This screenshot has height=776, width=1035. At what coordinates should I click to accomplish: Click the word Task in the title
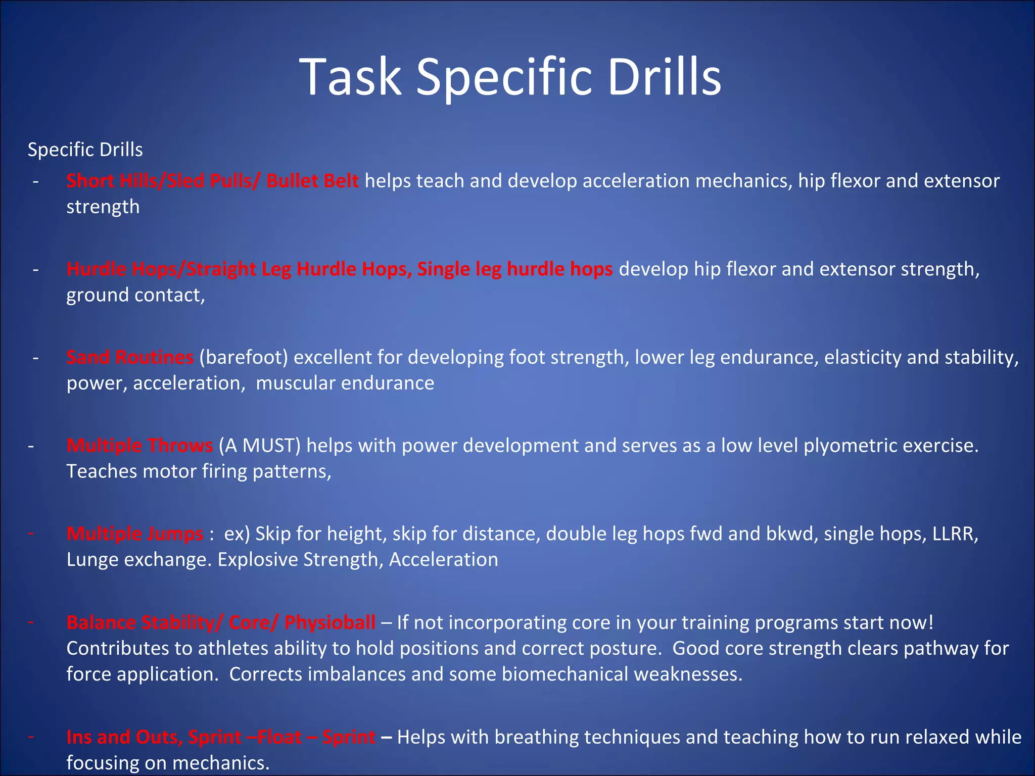point(350,77)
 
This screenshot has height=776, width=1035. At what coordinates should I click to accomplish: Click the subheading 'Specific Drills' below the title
point(85,150)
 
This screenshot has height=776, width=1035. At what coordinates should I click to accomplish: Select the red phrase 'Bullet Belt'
point(312,181)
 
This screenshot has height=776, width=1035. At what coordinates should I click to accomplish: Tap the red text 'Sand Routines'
point(130,357)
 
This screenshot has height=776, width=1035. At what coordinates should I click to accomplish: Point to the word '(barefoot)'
point(244,357)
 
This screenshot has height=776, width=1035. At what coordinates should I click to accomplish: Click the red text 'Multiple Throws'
point(139,446)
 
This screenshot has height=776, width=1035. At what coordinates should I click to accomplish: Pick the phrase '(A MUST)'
point(260,446)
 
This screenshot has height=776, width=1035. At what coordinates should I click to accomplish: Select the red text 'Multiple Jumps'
point(135,534)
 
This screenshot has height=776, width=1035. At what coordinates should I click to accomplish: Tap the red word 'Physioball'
point(330,622)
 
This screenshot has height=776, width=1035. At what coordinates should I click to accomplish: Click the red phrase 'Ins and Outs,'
point(124,737)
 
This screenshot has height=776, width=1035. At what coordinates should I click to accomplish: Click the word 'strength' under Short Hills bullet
point(103,207)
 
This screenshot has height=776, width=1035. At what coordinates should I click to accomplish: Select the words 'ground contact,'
point(135,295)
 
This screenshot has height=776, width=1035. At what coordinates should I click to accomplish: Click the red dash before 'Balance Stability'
point(31,621)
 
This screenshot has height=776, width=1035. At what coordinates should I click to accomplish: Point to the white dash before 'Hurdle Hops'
point(35,269)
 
